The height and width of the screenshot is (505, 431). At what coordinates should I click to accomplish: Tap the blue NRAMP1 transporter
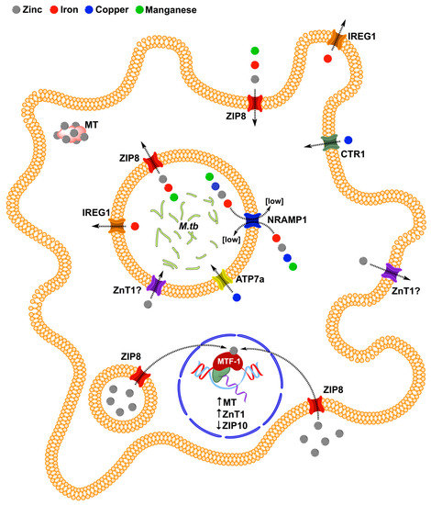(x=254, y=220)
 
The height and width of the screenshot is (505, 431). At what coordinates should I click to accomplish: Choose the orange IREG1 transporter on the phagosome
(x=118, y=225)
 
